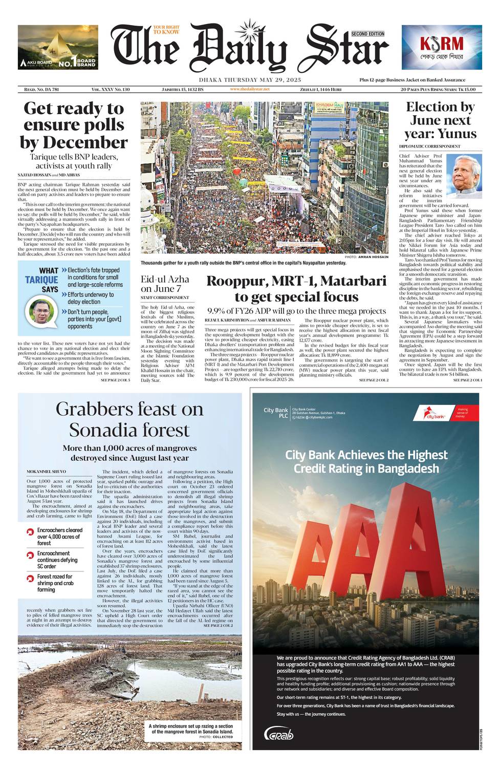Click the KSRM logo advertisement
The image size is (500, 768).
[x=441, y=47]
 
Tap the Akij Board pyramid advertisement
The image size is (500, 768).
[x=58, y=47]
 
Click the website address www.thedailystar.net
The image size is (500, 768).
[x=250, y=89]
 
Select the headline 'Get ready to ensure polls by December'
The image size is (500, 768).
[x=74, y=125]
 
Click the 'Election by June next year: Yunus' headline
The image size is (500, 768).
[x=440, y=120]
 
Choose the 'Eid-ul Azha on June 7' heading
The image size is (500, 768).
[x=165, y=284]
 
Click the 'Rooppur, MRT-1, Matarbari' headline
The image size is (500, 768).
[x=296, y=289]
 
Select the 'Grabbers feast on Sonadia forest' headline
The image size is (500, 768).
[x=129, y=419]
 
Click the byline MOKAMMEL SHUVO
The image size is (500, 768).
[x=47, y=471]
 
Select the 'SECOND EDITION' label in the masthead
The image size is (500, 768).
[x=367, y=34]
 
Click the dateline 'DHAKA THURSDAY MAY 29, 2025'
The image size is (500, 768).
[x=250, y=80]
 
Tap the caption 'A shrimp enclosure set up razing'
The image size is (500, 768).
[x=191, y=729]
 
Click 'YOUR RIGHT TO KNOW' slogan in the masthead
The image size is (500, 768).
[x=166, y=29]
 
